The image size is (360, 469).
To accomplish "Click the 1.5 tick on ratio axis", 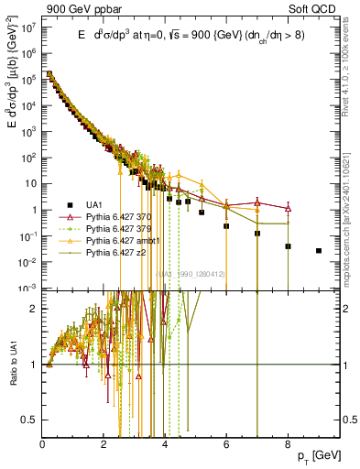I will [x=32, y=336].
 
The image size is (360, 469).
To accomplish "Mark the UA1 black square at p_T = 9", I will [x=318, y=250].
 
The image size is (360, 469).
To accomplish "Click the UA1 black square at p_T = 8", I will [x=288, y=246].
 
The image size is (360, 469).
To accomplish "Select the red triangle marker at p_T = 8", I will [x=288, y=209].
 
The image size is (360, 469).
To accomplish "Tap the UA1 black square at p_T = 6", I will [x=226, y=225].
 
